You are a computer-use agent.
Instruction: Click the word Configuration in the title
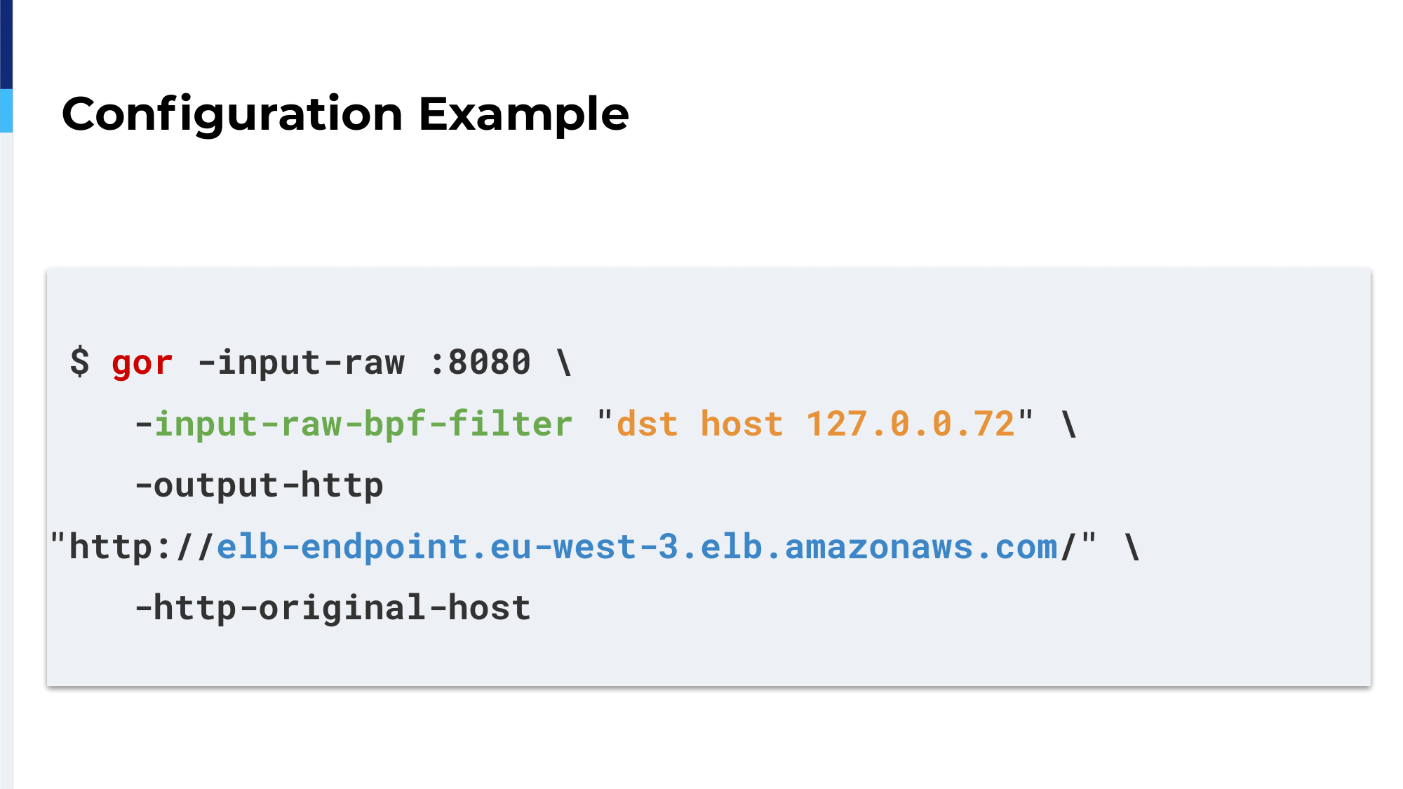232,114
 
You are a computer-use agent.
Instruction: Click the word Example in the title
524,114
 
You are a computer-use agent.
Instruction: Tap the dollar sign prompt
80,362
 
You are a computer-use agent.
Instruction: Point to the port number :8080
481,363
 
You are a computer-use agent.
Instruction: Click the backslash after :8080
564,363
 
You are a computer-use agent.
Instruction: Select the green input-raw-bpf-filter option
363,424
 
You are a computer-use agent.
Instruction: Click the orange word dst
647,424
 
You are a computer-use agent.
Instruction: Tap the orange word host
741,424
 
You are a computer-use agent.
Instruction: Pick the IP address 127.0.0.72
910,424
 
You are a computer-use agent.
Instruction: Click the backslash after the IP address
1069,424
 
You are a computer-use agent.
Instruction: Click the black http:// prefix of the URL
140,546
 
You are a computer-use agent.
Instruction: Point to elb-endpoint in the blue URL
342,546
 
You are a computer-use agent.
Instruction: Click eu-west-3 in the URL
584,546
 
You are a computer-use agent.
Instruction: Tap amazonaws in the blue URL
879,547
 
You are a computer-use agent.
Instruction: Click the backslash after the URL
1132,546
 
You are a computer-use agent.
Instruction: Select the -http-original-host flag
333,608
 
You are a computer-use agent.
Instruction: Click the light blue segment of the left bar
6,111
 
